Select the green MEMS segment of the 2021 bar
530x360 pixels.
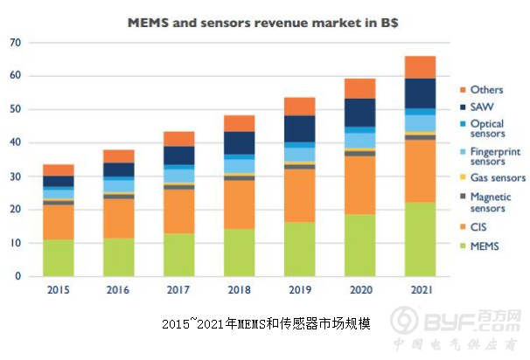420,239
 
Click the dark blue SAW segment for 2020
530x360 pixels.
359,112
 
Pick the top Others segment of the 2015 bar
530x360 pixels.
59,170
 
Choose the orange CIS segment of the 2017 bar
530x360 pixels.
179,211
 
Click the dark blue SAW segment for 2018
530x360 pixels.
240,143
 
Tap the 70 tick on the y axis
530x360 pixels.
16,43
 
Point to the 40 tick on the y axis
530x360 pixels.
16,142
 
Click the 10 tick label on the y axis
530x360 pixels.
16,243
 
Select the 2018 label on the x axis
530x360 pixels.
240,289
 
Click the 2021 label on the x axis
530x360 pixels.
420,289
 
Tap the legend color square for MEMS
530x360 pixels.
461,246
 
